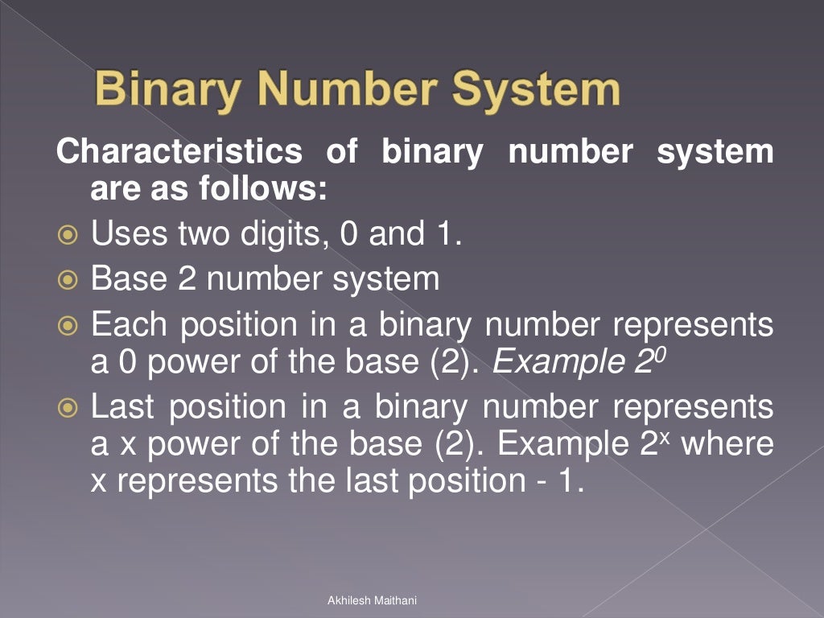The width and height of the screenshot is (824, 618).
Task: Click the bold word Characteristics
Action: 179,151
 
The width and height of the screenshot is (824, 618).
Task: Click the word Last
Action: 125,407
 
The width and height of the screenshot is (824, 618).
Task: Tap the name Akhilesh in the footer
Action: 347,600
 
